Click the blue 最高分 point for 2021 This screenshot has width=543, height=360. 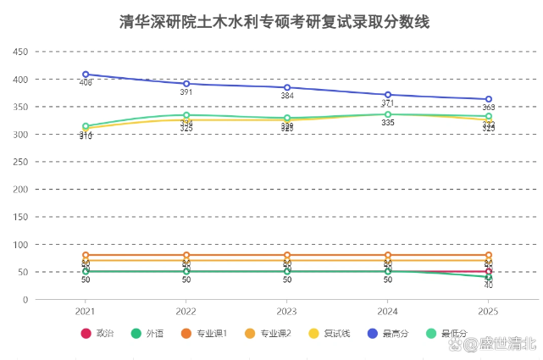click(x=86, y=75)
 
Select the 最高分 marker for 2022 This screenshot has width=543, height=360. click(x=186, y=84)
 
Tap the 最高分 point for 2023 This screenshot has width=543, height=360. click(x=287, y=87)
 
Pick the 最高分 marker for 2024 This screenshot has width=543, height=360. click(x=388, y=95)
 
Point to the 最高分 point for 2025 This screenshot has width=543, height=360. click(x=489, y=99)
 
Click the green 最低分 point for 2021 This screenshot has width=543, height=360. click(x=86, y=126)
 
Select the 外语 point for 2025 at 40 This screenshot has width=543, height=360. click(x=489, y=278)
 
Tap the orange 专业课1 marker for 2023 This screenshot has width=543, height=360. click(x=287, y=255)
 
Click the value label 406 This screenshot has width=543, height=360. click(x=86, y=83)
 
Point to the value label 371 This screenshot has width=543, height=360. click(x=388, y=103)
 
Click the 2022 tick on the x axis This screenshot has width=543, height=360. click(x=186, y=311)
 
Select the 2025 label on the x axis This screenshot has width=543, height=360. click(x=489, y=311)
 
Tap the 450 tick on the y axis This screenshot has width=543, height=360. click(x=21, y=52)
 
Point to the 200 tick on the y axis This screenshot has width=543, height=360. click(x=21, y=190)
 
